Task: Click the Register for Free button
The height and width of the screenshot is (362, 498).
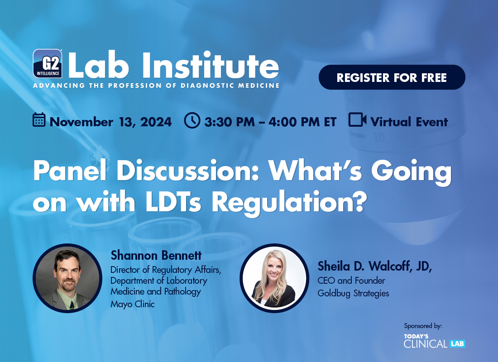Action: point(392,77)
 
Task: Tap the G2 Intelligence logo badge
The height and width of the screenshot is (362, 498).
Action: point(48,63)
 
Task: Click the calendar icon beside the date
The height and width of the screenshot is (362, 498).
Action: point(39,120)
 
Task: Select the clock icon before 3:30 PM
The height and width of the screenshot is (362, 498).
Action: point(192,120)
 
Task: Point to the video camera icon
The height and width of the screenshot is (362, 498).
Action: point(357,120)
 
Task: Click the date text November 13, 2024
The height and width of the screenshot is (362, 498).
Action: point(110,122)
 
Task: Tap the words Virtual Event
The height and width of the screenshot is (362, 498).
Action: point(409,122)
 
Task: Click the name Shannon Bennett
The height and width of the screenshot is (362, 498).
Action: point(156,255)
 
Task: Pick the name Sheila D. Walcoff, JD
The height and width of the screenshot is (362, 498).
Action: point(374,266)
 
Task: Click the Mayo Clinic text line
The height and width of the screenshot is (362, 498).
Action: point(133,304)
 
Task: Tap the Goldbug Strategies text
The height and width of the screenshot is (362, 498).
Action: point(353,293)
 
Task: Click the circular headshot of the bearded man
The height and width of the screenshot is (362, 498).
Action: point(67,278)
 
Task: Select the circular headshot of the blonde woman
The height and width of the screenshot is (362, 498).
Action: point(274,278)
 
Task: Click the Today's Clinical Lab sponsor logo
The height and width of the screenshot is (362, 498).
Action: point(435,341)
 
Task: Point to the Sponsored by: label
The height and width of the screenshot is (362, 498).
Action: point(423,326)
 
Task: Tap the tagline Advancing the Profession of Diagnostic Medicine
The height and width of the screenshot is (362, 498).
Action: point(156,86)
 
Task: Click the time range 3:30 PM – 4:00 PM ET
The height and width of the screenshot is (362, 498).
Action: point(270,122)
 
